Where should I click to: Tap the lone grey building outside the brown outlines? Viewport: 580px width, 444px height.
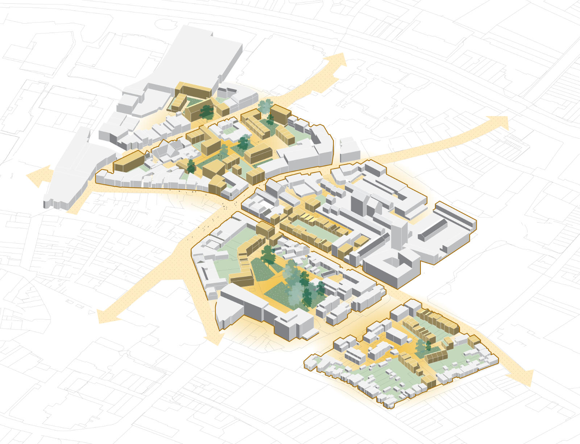[350, 150]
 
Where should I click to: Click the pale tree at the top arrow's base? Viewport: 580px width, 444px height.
[265, 106]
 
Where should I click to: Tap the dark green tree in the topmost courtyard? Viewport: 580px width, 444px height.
[207, 111]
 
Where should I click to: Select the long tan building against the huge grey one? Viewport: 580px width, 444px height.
[196, 91]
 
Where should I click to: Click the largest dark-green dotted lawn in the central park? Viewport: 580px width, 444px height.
[279, 294]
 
